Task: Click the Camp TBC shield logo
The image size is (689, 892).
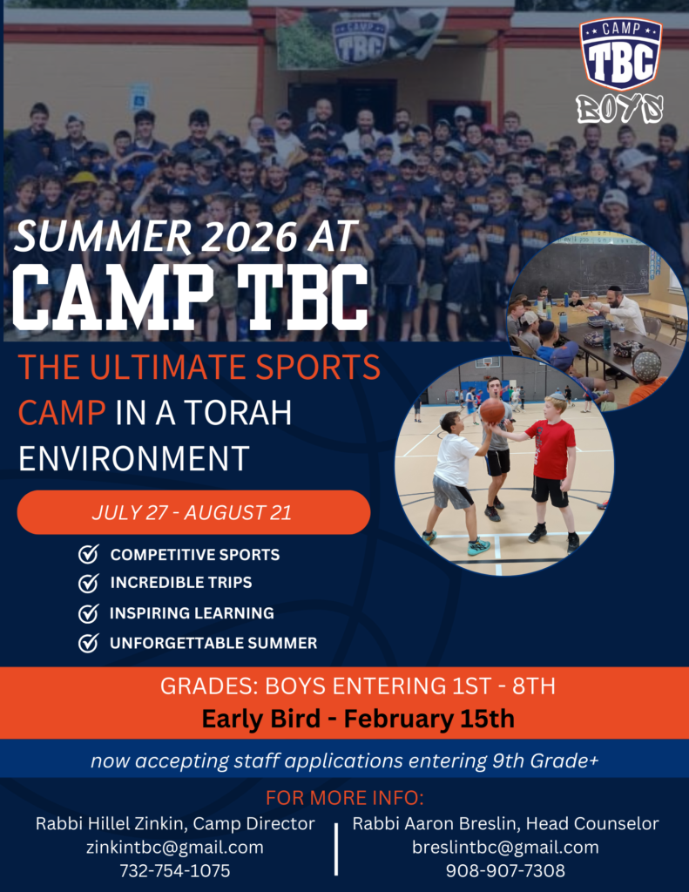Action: point(621,54)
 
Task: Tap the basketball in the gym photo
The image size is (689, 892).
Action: point(492,411)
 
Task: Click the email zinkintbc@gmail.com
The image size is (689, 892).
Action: point(175,847)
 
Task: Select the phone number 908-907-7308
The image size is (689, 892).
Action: point(505,870)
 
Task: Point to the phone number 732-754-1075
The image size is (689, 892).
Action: point(175,870)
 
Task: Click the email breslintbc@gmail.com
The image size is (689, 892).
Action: point(505,847)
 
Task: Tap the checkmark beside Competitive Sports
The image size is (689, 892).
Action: point(88,554)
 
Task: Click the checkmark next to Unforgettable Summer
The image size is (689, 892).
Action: point(88,643)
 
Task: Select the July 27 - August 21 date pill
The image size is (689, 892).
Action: point(193,512)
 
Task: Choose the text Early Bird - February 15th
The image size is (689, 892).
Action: point(358,719)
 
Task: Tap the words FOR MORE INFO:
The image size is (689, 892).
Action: point(345,798)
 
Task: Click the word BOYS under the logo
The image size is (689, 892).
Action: point(619,108)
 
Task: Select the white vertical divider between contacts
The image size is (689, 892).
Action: point(336,848)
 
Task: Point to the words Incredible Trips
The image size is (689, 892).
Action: point(181,583)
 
